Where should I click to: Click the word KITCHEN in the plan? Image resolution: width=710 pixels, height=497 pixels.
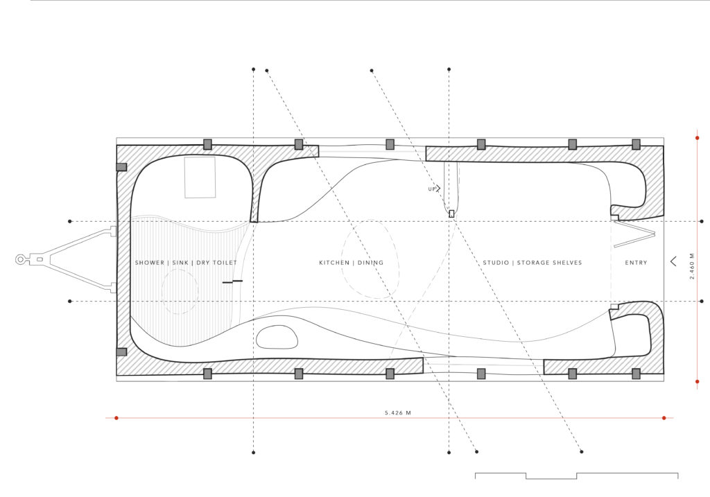[334, 263]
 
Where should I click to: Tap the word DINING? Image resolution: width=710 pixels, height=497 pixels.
[370, 263]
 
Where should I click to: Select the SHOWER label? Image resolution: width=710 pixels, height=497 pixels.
[150, 263]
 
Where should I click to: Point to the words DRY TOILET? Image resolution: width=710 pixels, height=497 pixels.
[216, 263]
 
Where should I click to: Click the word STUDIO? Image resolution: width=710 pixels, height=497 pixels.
[496, 263]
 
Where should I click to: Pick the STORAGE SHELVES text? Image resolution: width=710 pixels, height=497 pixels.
[550, 263]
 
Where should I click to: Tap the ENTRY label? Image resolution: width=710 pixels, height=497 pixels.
[637, 263]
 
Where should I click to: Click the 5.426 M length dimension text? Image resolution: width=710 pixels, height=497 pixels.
[398, 413]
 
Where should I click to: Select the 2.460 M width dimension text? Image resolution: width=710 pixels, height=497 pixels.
[692, 266]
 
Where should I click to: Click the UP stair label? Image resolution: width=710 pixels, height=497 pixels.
[432, 189]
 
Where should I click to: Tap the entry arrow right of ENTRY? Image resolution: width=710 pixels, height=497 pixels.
[673, 261]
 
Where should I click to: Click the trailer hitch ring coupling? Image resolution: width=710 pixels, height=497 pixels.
[21, 259]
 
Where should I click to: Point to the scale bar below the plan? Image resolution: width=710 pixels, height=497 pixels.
[576, 476]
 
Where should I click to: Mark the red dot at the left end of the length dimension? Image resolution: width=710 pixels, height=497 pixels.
[116, 418]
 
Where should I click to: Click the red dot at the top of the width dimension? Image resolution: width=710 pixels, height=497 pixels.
[698, 138]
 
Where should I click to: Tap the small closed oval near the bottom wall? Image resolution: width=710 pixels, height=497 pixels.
[277, 337]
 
